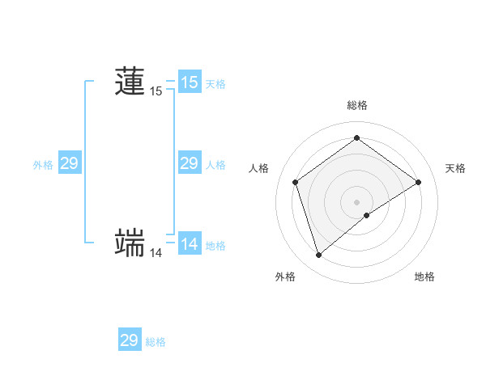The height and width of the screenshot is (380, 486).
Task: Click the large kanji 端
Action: (x=130, y=243)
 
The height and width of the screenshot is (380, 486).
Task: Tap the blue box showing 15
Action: (x=189, y=82)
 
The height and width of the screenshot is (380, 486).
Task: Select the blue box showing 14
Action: (x=189, y=244)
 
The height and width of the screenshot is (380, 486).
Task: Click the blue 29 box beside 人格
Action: (x=189, y=163)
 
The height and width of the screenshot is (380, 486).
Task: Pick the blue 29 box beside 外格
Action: (x=69, y=163)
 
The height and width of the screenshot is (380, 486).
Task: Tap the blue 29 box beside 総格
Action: (x=129, y=340)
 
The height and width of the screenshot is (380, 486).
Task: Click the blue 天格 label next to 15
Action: (x=215, y=83)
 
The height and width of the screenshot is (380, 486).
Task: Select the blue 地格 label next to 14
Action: (x=215, y=246)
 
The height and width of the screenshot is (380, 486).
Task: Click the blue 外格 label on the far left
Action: (x=43, y=165)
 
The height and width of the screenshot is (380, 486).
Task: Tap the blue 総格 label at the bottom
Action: (x=156, y=342)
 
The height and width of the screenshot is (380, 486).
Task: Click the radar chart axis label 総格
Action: (x=356, y=105)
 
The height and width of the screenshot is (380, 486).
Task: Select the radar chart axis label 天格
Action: (x=455, y=168)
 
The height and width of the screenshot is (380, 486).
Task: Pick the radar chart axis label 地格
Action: (x=424, y=277)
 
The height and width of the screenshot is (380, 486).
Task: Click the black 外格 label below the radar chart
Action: (x=285, y=277)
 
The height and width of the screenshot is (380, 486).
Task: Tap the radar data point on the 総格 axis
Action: (x=356, y=138)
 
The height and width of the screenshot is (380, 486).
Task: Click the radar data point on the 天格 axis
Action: (x=418, y=182)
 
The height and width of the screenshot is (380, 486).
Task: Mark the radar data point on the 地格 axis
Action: (x=367, y=215)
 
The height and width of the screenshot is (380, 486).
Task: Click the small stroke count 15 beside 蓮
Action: (x=156, y=91)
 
